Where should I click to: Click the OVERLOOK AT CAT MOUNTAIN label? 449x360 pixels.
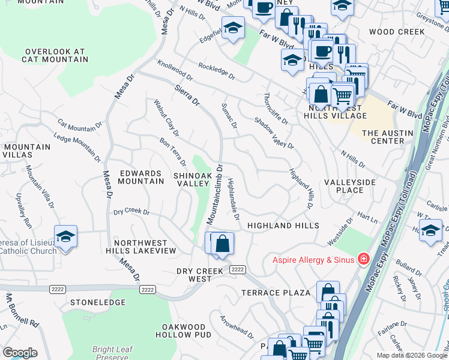[55, 56]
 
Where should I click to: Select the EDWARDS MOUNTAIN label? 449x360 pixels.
[141, 177]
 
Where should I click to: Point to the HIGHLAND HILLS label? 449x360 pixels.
[283, 226]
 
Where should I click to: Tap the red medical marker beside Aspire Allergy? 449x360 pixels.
[363, 259]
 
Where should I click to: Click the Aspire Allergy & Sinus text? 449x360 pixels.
[313, 260]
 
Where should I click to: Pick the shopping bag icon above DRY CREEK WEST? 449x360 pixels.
[222, 244]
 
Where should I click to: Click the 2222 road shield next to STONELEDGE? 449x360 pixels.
[148, 289]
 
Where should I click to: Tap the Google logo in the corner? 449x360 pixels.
[20, 353]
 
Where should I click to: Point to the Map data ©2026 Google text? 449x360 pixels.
[411, 355]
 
